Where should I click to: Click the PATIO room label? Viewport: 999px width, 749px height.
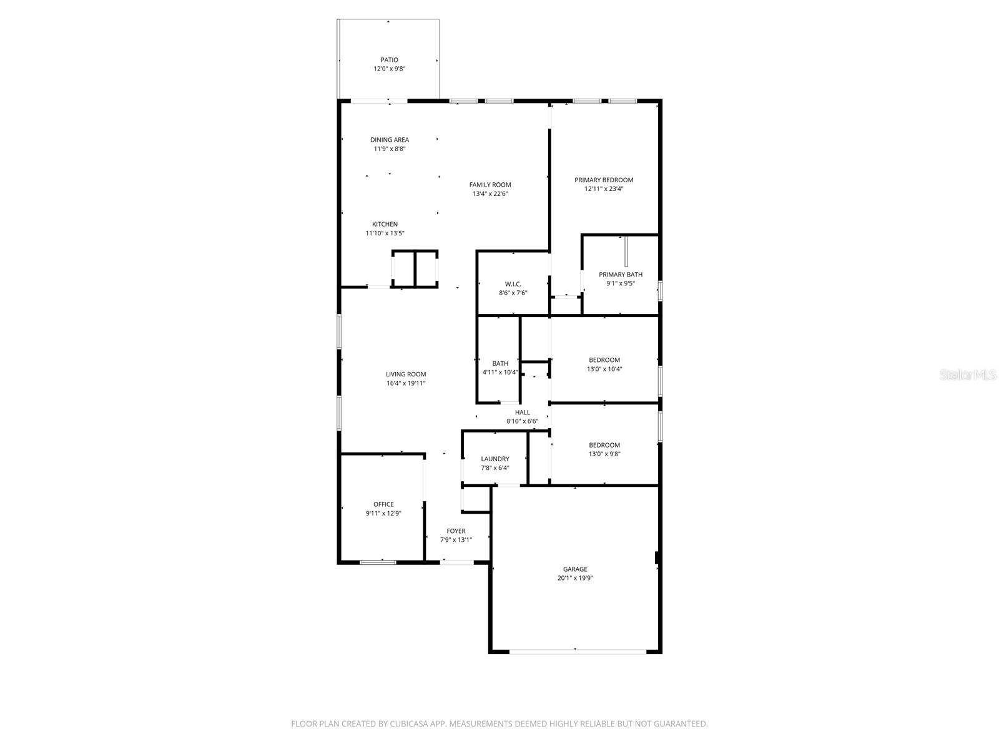click(389, 60)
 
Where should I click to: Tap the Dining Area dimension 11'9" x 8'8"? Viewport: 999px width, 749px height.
click(390, 149)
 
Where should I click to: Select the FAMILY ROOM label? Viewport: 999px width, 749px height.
click(490, 185)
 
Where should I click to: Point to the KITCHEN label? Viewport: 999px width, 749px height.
click(385, 224)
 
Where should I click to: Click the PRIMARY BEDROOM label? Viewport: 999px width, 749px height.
click(604, 180)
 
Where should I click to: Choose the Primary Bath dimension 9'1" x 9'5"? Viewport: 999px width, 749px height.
click(620, 283)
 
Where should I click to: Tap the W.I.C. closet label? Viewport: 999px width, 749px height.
click(513, 284)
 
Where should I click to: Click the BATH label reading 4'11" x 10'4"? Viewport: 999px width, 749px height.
click(500, 363)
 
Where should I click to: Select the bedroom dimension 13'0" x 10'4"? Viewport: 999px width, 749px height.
click(604, 369)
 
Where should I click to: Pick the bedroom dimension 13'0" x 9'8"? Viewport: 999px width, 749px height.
click(604, 454)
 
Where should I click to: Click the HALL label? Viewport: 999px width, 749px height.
click(523, 413)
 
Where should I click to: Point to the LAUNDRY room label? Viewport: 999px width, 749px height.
click(495, 459)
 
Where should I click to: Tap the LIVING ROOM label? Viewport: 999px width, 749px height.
click(406, 374)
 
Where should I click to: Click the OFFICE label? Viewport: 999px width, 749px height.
click(383, 504)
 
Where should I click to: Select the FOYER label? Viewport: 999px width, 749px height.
click(456, 531)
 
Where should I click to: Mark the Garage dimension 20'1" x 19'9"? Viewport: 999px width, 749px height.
click(575, 579)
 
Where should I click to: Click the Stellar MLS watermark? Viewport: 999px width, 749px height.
click(968, 375)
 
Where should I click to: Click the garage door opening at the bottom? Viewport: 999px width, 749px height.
click(578, 652)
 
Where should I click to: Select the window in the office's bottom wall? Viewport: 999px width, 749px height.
click(378, 562)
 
